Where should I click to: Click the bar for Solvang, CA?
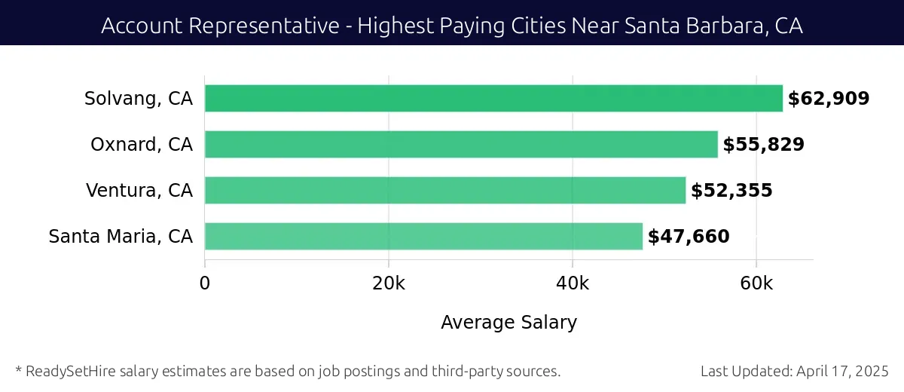click(493, 99)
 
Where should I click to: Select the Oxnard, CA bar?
click(461, 145)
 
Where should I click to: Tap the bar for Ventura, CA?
click(445, 191)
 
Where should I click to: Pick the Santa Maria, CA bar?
click(423, 237)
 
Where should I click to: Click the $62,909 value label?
click(829, 99)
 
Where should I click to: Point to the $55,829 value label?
click(763, 145)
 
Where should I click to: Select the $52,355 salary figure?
click(731, 191)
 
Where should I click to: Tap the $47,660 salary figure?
click(689, 237)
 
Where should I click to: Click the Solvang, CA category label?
click(139, 99)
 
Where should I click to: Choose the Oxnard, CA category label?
click(142, 145)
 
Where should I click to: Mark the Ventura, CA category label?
click(139, 191)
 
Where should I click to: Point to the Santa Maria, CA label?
click(121, 237)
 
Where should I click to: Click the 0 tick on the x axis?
click(205, 283)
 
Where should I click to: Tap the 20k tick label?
click(389, 283)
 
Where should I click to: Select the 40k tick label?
click(573, 283)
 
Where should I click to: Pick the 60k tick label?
click(756, 283)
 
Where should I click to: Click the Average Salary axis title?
click(508, 323)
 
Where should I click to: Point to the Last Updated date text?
click(794, 371)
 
